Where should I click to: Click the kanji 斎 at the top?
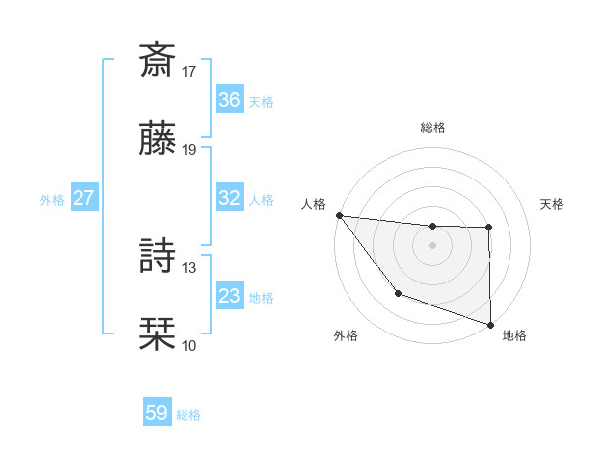pos(158,59)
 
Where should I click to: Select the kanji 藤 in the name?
pos(158,139)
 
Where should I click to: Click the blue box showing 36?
pos(229,100)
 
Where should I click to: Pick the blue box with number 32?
pos(229,198)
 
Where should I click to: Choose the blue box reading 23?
pos(229,296)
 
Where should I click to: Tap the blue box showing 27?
pos(83,198)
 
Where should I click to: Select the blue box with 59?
pos(156,413)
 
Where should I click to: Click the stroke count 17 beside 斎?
pos(189,71)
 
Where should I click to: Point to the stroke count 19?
pos(189,150)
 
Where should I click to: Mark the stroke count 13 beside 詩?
pos(189,267)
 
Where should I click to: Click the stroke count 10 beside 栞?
pos(189,345)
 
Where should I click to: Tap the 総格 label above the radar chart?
pos(433,128)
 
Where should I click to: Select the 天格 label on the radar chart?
pos(553,204)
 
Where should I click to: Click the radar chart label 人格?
pos(313,204)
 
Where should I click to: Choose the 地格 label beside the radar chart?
pos(514,335)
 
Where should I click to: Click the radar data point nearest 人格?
pos(339,215)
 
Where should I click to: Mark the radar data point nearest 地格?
pos(490,324)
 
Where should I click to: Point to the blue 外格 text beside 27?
pos(52,199)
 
